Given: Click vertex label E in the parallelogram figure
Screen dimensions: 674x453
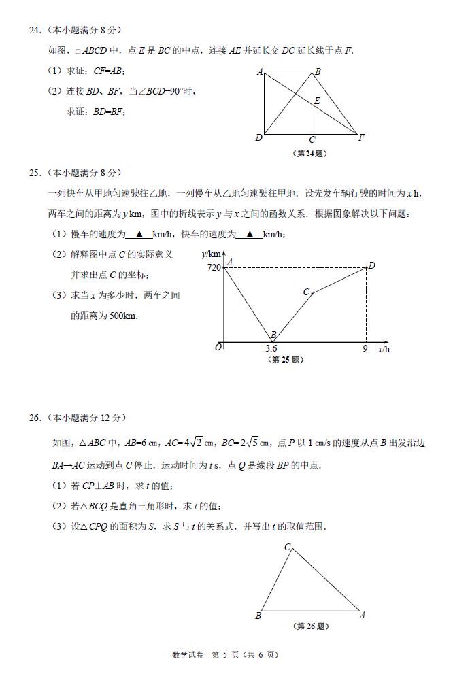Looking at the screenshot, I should coord(317,101).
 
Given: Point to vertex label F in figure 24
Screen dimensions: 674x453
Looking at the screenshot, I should coord(361,137).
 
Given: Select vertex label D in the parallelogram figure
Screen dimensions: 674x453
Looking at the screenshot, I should coord(258,138).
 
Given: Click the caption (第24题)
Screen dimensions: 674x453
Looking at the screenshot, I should coord(309,153).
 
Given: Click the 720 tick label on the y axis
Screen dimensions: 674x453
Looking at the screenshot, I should coord(213,267).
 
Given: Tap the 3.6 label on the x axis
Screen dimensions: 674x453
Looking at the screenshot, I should coord(271,349).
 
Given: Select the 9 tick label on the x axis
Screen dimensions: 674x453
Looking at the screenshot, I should coord(365,349).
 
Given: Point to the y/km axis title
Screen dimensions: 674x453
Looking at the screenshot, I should coord(212,254).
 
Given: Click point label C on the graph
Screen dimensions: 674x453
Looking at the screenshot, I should coord(306,292).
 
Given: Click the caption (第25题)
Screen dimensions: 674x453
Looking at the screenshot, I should coord(286,360).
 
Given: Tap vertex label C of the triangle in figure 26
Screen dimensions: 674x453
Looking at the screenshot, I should coord(287,547).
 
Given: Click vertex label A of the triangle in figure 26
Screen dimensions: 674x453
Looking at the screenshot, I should coord(362,616).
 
